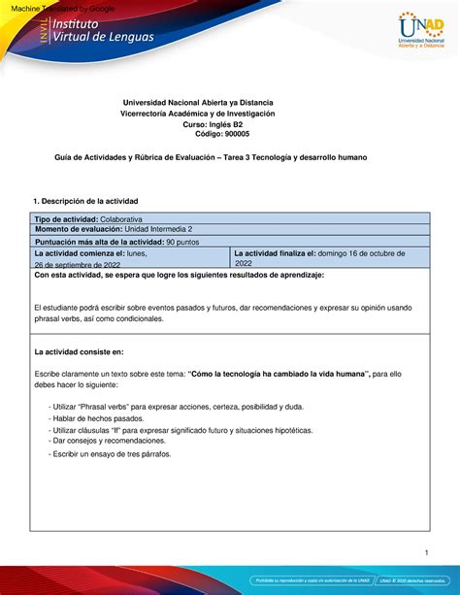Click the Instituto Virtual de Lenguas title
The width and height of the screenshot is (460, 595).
coord(92,41)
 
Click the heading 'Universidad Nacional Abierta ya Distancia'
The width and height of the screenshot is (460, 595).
coord(195,102)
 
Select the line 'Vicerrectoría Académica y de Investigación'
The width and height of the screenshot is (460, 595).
coord(198,114)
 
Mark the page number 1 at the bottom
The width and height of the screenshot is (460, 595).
coord(425,553)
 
